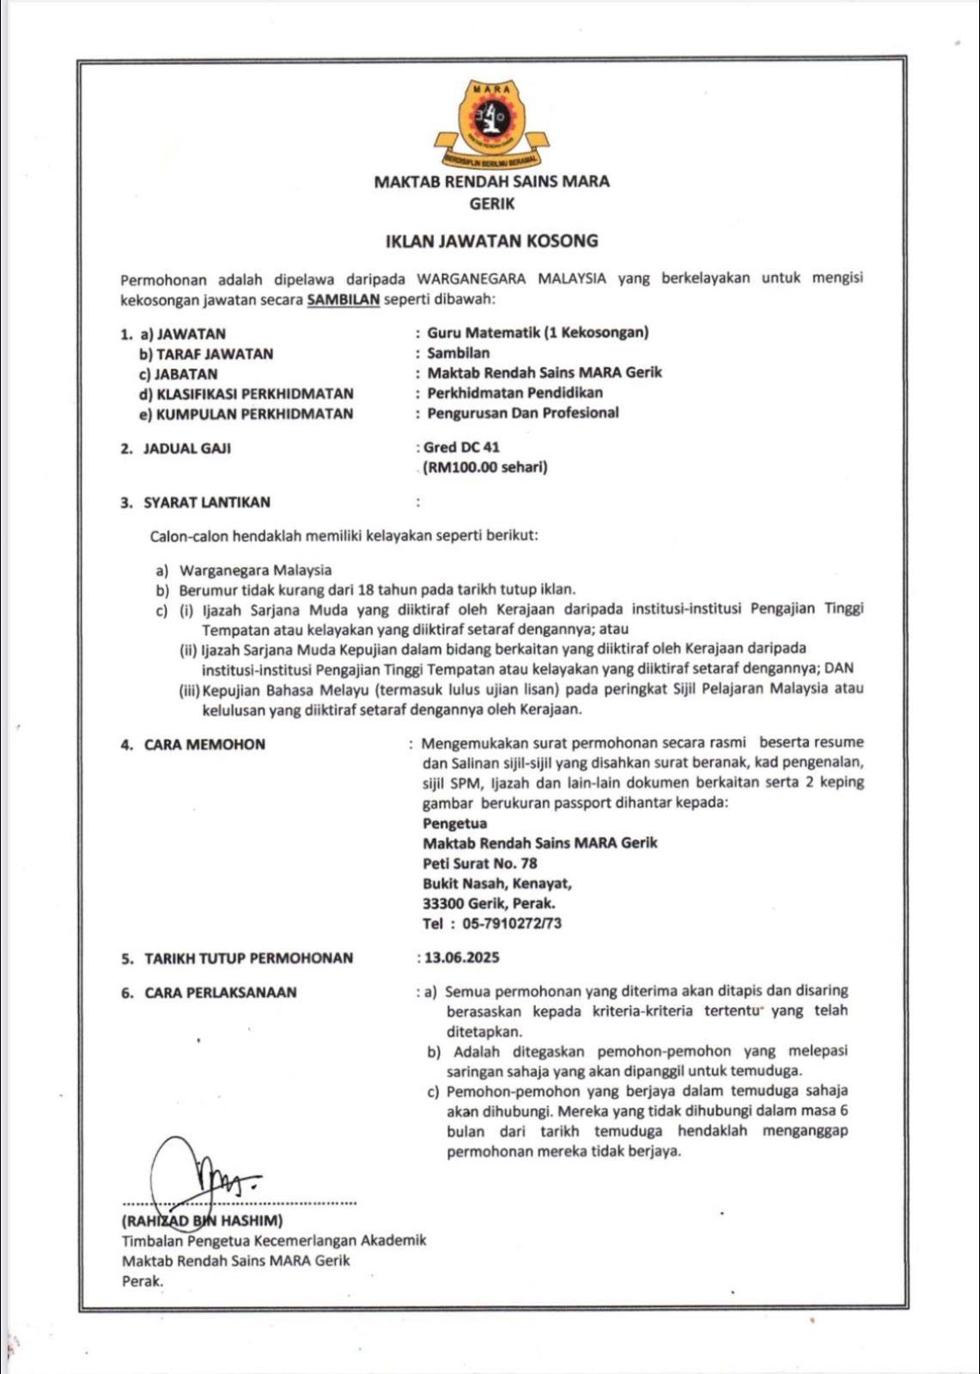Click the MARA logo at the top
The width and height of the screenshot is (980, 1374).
[x=492, y=123]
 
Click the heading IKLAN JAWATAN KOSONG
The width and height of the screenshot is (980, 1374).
[x=491, y=241]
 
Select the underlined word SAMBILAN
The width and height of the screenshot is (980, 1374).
[x=343, y=300]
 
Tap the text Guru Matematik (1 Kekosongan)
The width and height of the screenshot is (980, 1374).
[x=538, y=332]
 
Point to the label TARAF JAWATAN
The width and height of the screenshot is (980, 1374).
[x=215, y=354]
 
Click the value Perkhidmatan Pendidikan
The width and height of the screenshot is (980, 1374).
[x=514, y=392]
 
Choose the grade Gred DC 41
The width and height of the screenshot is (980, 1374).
[x=461, y=447]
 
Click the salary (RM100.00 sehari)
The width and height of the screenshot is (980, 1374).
[x=485, y=467]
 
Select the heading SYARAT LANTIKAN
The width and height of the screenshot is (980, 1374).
[x=207, y=502]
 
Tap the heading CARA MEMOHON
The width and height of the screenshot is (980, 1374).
[x=204, y=745]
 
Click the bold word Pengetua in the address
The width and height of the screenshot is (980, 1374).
[x=454, y=824]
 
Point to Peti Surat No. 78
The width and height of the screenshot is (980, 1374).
[x=479, y=863]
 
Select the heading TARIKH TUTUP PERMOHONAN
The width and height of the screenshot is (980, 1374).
[x=248, y=958]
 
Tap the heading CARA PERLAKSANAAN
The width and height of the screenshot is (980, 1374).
[x=221, y=993]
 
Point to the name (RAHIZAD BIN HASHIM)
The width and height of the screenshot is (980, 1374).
[x=203, y=1220]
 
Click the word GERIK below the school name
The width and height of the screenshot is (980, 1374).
[x=492, y=204]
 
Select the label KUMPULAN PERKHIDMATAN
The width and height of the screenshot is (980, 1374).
[x=254, y=414]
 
